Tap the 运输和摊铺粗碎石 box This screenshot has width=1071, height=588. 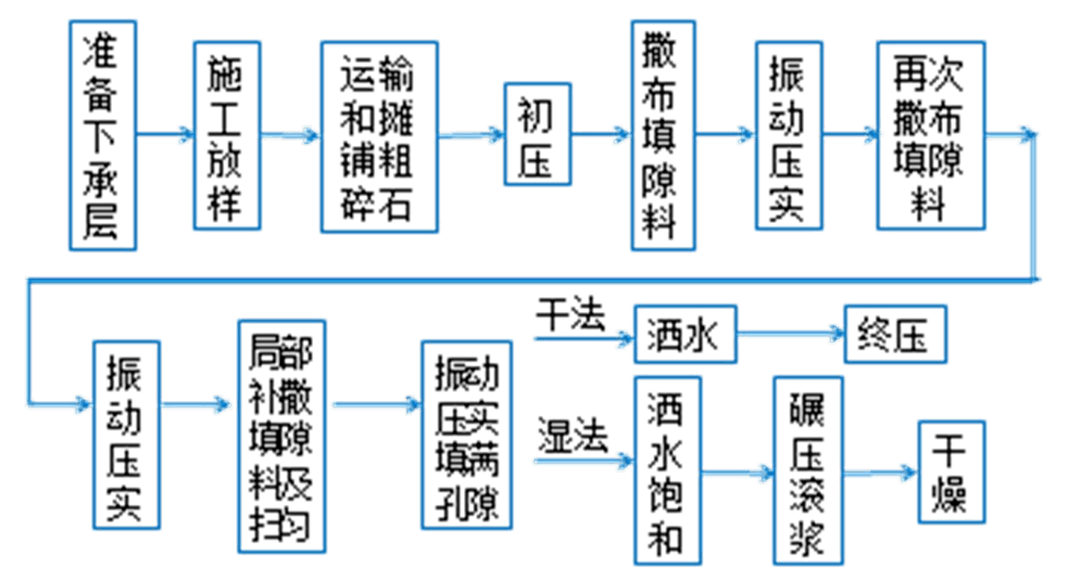(x=378, y=136)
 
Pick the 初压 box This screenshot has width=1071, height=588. (x=538, y=134)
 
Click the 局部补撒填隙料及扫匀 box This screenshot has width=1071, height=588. (x=282, y=436)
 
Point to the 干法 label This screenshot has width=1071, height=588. (x=571, y=318)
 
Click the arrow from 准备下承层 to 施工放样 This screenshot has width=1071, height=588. (x=165, y=134)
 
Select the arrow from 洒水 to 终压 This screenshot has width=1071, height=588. (x=790, y=335)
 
